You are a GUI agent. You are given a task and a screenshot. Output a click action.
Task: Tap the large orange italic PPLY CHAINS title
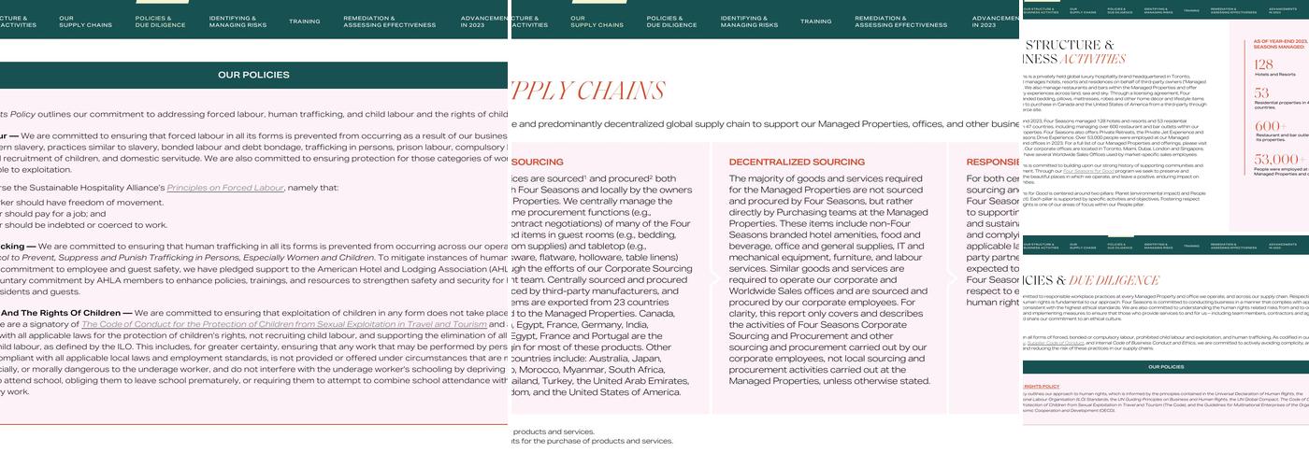point(587,91)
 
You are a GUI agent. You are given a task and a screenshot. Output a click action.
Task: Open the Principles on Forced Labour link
point(224,188)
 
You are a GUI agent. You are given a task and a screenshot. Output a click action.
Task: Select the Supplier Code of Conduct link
point(1056,343)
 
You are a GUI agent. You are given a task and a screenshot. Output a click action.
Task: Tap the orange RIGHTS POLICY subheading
point(1041,386)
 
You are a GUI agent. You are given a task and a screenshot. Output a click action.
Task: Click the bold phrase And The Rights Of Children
point(66,313)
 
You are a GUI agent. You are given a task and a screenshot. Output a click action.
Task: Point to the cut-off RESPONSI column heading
point(992,162)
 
